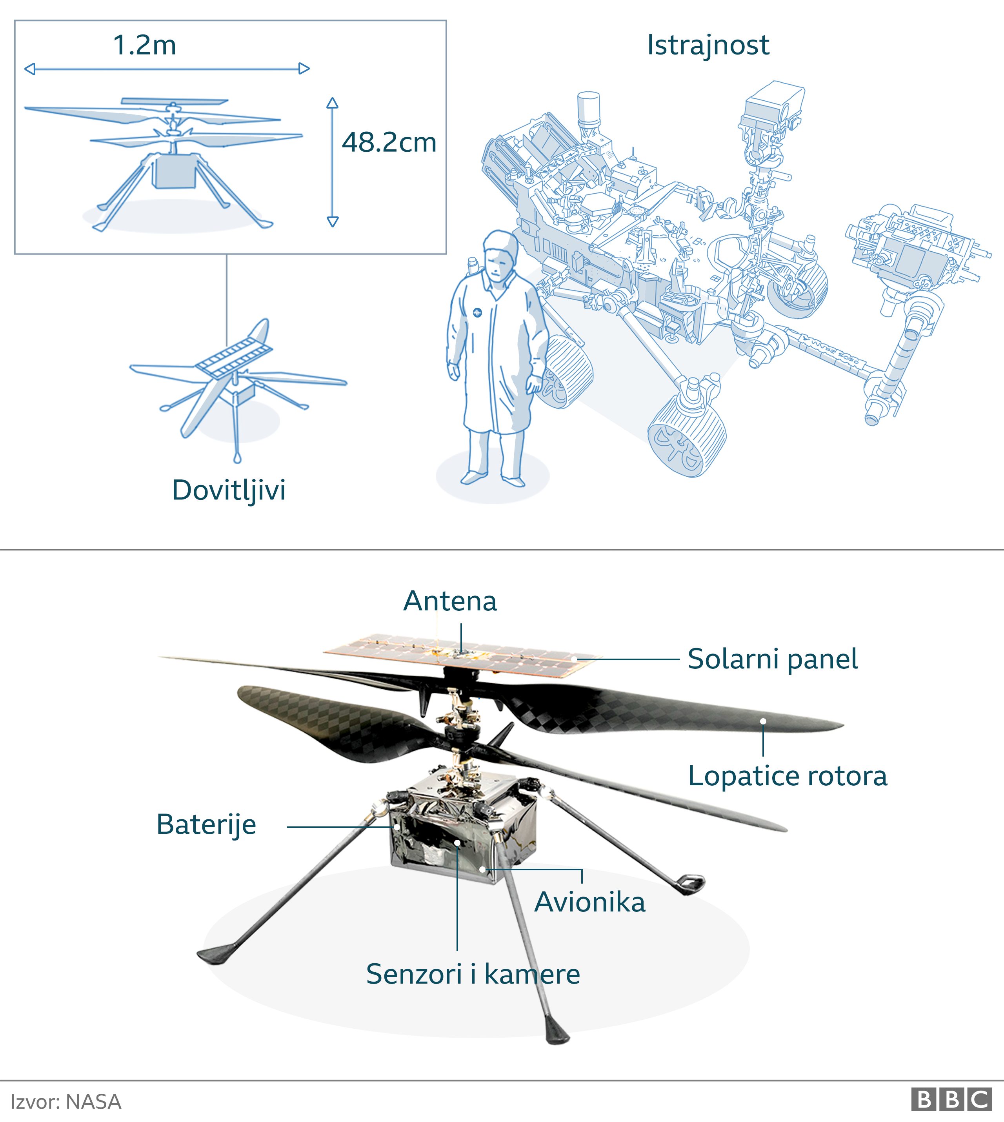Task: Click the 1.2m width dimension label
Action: point(145,45)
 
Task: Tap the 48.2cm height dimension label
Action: point(389,142)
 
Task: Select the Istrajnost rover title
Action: point(708,45)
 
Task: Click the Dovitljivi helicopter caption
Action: point(229,490)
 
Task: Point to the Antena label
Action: point(450,601)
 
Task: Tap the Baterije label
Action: point(206,825)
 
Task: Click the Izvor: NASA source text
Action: point(65,1102)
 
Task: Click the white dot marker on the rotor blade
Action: point(763,721)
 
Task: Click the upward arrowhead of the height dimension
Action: point(332,103)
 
